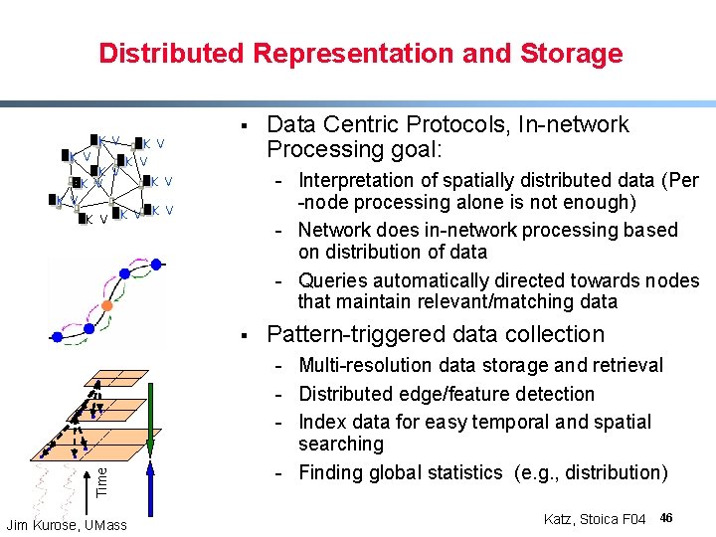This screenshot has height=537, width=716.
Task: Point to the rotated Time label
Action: [x=102, y=482]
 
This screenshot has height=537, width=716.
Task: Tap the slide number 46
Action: [x=666, y=518]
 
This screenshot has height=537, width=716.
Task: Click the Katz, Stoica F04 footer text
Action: [x=595, y=519]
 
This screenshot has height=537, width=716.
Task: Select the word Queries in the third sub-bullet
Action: [x=331, y=281]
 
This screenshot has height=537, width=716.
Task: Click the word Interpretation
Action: [x=353, y=181]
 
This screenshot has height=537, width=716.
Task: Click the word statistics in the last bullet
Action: [x=462, y=472]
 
